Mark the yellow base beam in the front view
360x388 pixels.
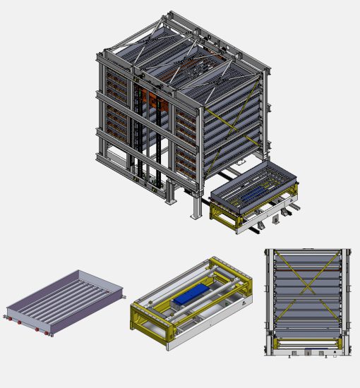(x=306, y=344)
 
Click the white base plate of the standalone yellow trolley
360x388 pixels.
(x=212, y=332)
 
